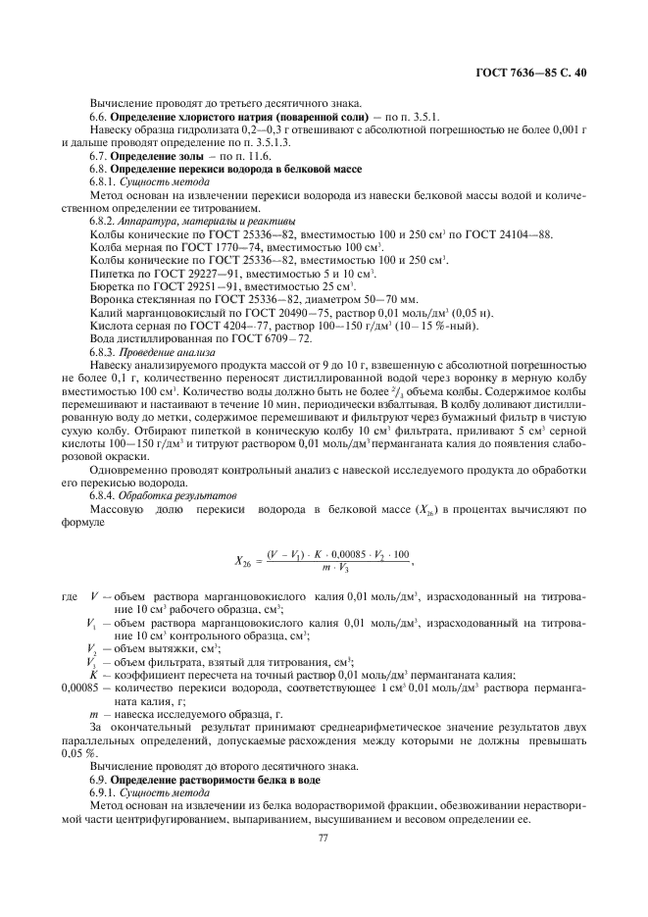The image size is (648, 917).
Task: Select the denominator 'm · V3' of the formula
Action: (336, 570)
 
